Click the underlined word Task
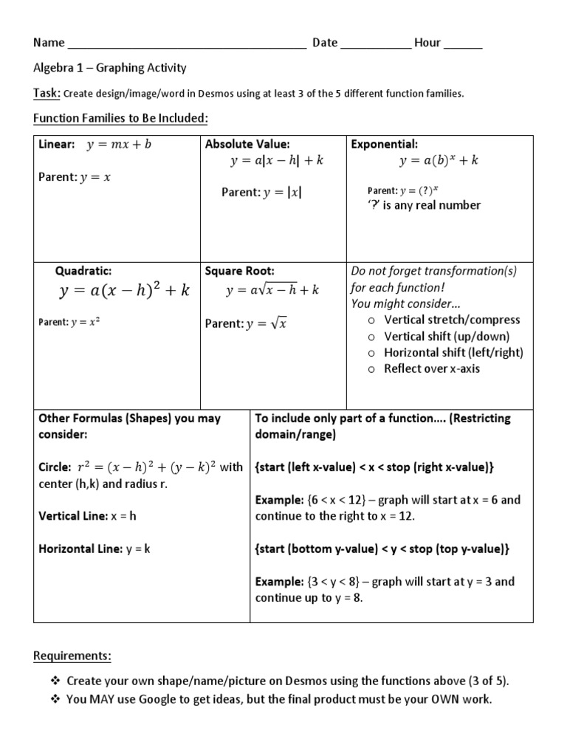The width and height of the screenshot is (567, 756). (x=47, y=94)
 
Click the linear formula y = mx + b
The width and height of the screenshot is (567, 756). (x=119, y=145)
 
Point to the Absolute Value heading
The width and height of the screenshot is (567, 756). (x=247, y=144)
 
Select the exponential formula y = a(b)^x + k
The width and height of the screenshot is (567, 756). (x=439, y=161)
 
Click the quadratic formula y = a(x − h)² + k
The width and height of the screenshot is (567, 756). (x=124, y=291)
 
